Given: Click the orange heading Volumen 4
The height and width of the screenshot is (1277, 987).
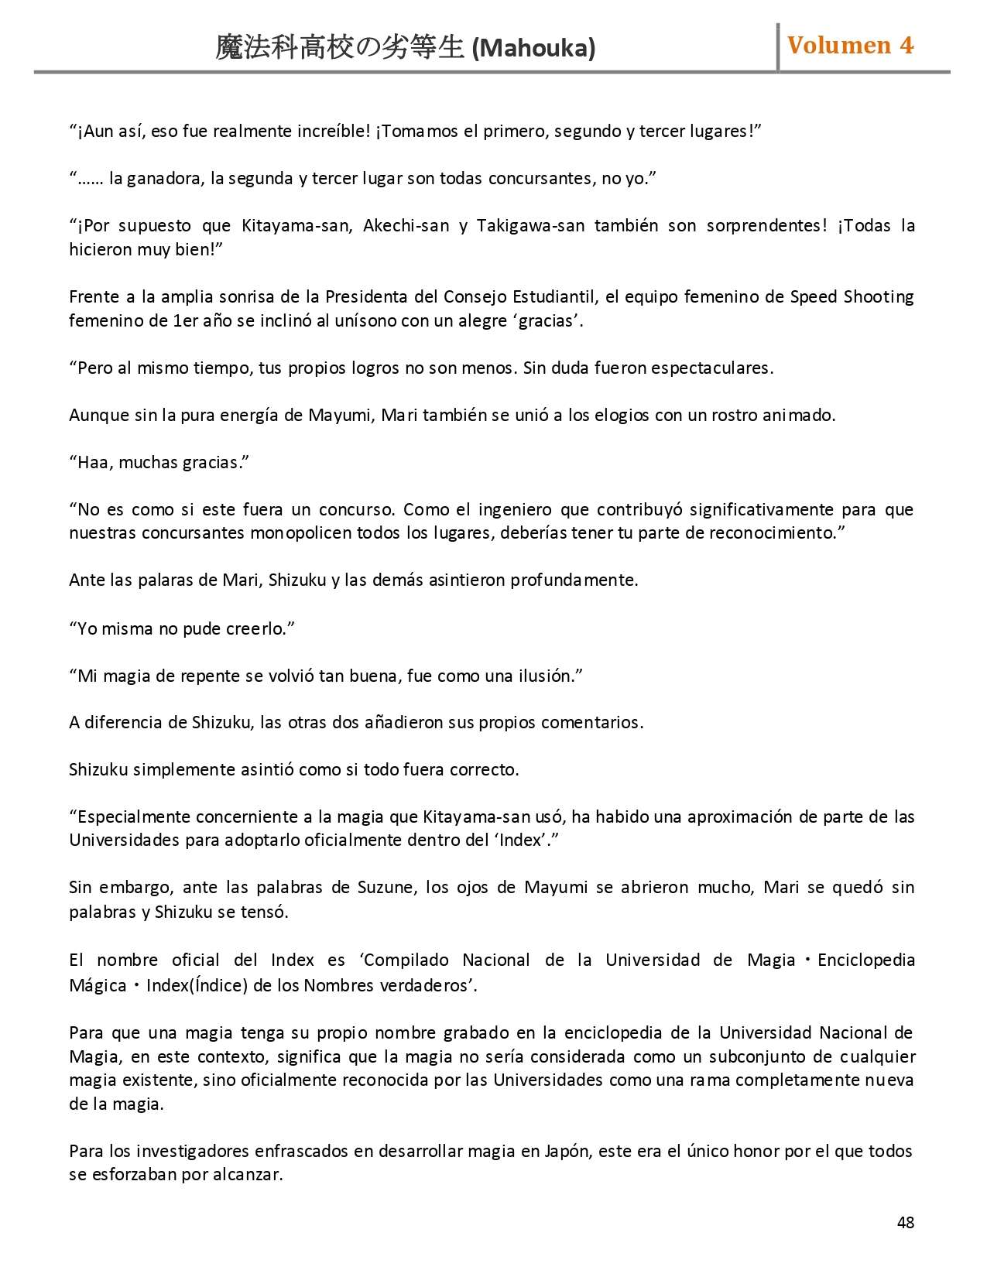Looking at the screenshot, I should click(x=850, y=46).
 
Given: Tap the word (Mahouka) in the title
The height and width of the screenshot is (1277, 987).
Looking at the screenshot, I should click(x=533, y=49).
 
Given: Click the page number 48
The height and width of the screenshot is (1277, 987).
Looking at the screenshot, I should click(x=905, y=1223).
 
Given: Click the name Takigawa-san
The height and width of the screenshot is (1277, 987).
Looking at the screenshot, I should click(x=530, y=226).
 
